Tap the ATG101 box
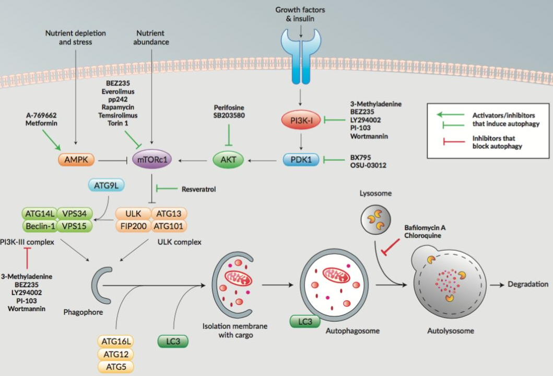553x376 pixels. [x=169, y=226]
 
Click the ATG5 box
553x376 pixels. [x=115, y=367]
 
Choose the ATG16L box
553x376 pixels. [x=115, y=342]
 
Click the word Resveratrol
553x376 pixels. [x=198, y=189]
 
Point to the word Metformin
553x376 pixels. [x=42, y=124]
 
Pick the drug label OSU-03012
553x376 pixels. [x=368, y=166]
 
